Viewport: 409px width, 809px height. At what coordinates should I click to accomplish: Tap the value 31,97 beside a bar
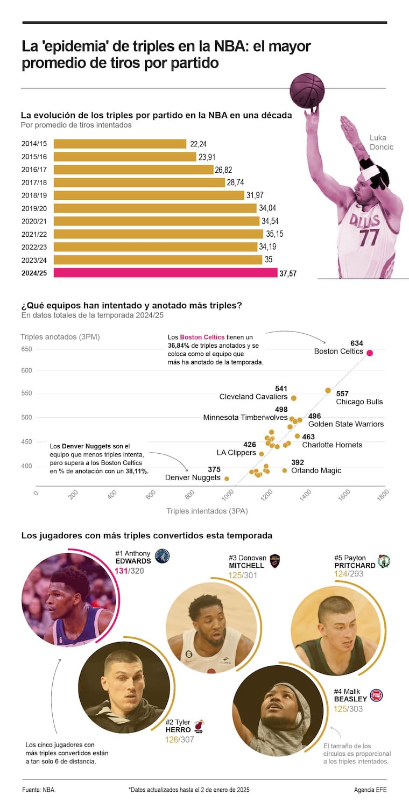click(255, 195)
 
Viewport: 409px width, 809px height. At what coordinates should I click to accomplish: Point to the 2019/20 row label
click(34, 208)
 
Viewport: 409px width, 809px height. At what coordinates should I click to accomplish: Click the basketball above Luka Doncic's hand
click(307, 90)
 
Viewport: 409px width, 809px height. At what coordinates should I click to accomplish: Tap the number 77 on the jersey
click(370, 237)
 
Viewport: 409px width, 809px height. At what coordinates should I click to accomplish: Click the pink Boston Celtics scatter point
click(370, 353)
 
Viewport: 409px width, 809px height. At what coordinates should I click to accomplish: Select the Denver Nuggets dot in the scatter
click(227, 479)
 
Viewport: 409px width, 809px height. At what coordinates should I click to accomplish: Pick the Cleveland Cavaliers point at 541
click(293, 398)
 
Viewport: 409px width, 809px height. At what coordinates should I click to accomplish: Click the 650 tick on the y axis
click(27, 349)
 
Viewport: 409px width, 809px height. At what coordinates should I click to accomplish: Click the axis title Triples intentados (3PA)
click(207, 511)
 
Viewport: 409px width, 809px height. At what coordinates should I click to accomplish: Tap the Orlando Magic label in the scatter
click(316, 470)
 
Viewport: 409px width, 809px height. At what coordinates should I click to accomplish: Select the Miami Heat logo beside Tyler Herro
click(199, 726)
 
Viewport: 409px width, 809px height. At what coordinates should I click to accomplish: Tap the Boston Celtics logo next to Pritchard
click(384, 561)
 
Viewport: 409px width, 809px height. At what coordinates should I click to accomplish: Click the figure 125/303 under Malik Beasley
click(348, 709)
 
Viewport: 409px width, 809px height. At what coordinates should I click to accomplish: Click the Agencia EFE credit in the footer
click(370, 790)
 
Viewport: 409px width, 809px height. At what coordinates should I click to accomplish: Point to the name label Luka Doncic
click(381, 142)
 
